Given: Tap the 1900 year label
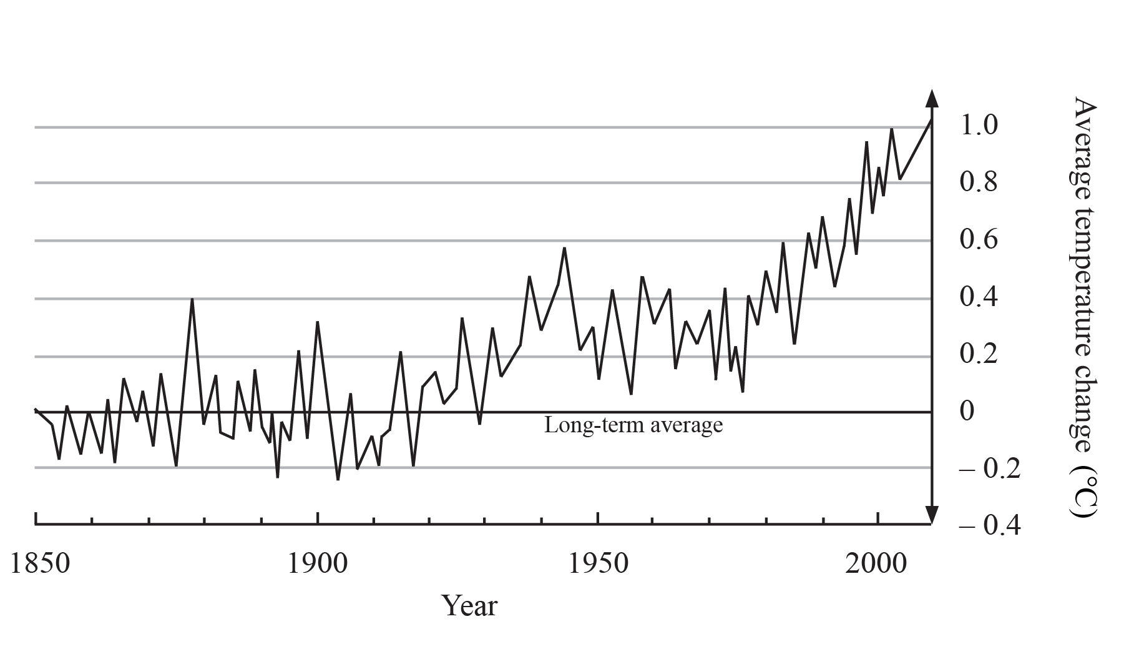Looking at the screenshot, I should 318,564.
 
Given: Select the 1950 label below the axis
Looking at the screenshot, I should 598,564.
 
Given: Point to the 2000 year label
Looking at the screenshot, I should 878,564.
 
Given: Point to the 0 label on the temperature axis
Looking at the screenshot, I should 967,412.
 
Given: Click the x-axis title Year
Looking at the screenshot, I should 470,606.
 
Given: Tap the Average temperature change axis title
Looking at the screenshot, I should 1085,275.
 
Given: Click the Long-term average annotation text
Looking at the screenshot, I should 633,426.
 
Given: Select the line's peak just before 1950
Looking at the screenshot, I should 564,248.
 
